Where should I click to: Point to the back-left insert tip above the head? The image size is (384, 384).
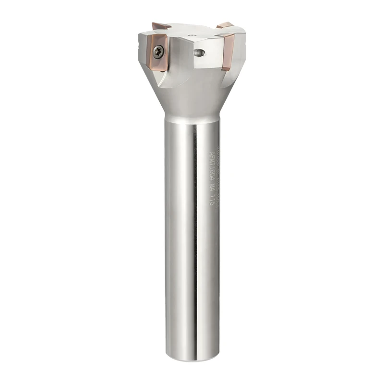[x=158, y=25]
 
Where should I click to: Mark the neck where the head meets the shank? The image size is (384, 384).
[x=192, y=118]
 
